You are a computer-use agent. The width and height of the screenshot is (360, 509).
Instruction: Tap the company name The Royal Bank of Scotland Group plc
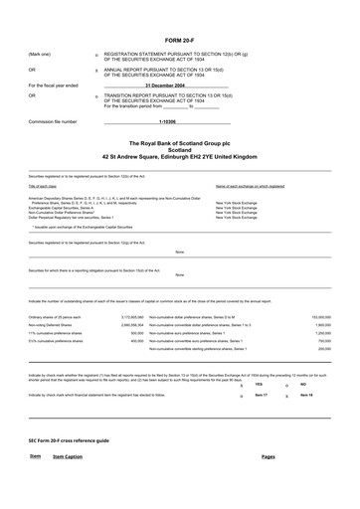(179, 144)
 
